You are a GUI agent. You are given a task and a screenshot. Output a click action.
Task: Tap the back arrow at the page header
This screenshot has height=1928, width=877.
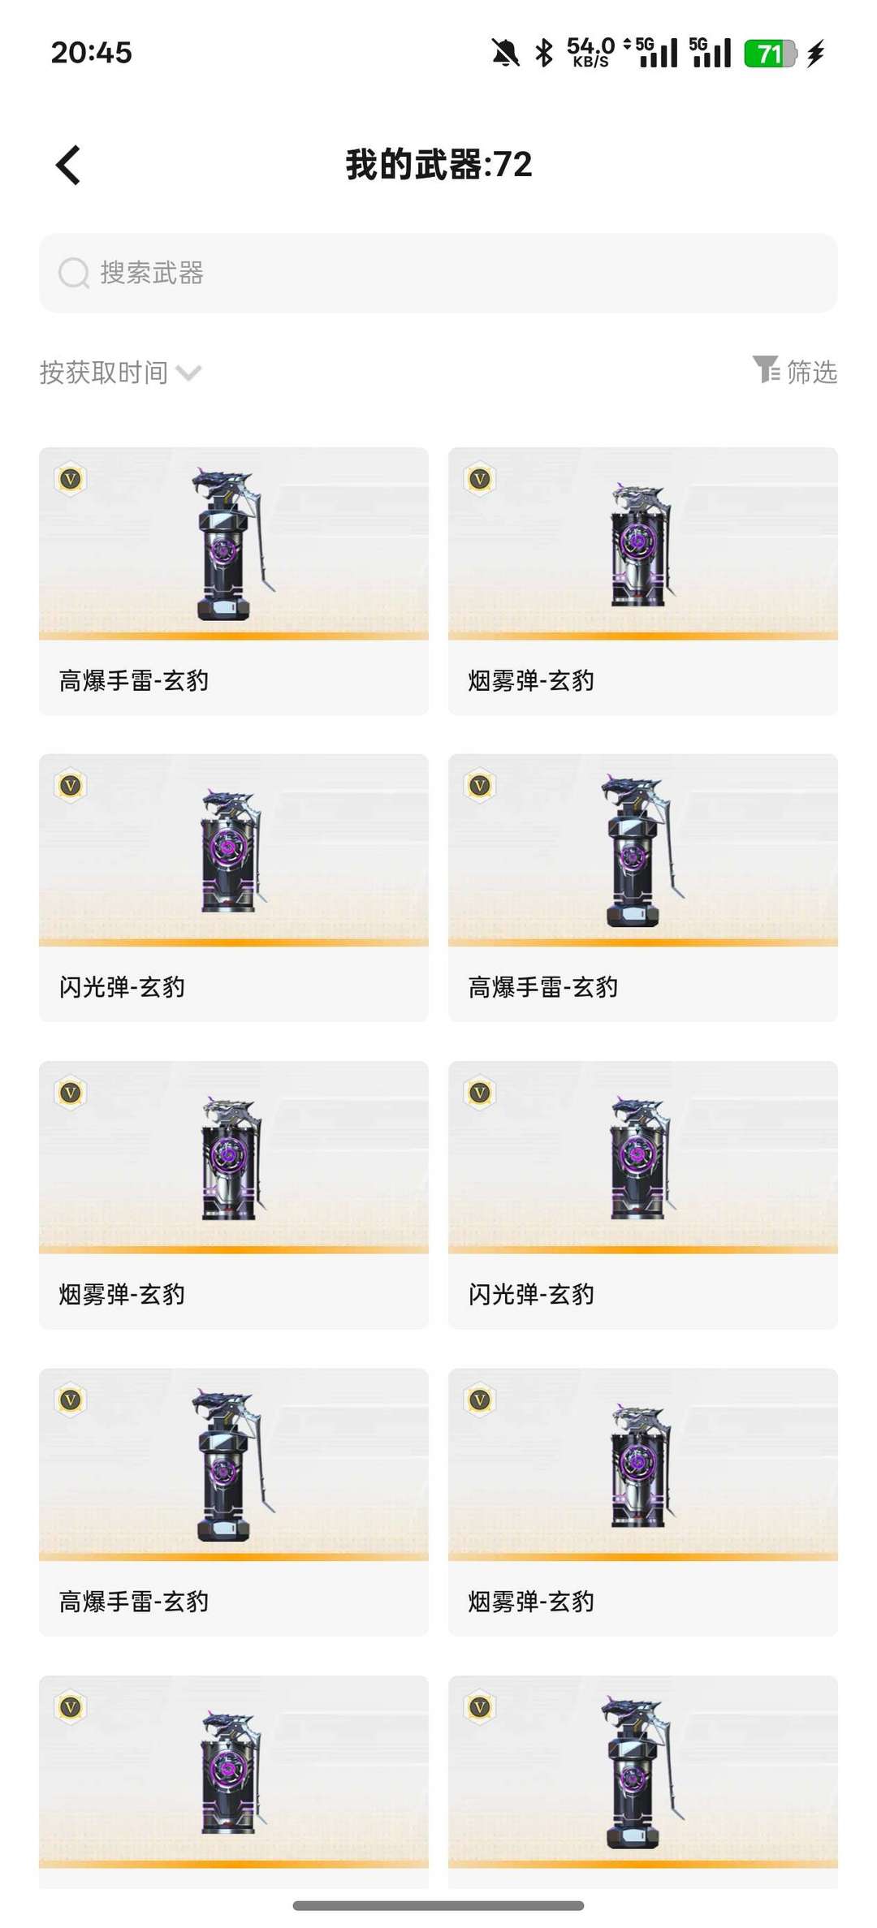pos(68,165)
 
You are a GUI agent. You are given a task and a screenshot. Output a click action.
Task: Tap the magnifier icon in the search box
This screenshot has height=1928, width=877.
pos(74,274)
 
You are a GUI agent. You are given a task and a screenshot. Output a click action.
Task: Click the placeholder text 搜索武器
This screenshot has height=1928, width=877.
pos(152,273)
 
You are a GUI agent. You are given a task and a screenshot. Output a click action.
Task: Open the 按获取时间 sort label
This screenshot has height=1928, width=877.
pos(104,373)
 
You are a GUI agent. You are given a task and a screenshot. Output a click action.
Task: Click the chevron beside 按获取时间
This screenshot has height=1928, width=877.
pos(188,373)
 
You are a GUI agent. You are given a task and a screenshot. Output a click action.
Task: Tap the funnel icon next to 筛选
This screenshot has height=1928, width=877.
pos(766,369)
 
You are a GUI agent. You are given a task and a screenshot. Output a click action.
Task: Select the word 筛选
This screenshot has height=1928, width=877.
pos(812,372)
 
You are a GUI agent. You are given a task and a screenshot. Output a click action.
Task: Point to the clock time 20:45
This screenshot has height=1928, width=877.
pos(91,53)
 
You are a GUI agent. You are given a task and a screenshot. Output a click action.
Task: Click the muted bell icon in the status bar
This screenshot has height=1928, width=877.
pos(505,54)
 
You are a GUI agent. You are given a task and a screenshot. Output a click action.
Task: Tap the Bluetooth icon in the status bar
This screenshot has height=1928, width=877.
pos(544,54)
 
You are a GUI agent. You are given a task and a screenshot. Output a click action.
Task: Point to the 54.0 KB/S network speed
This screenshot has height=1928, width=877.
pos(590,52)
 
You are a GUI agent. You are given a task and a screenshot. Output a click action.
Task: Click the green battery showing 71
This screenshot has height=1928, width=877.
pos(771,54)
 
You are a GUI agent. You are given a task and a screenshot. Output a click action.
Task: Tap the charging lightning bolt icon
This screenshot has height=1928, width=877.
pos(816,54)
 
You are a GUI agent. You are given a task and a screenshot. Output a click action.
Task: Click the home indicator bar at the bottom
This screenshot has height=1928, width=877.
pos(438,1905)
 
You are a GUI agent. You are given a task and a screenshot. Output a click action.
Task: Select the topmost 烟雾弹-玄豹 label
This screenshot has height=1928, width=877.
pos(531,680)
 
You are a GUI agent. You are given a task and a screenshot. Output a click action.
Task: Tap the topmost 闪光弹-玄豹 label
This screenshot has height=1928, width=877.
pos(122,987)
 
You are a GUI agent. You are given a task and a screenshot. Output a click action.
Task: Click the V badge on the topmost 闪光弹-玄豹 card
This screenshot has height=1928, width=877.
pos(71,786)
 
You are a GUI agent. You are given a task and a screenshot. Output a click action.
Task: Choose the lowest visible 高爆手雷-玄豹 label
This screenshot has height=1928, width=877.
pos(134,1602)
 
